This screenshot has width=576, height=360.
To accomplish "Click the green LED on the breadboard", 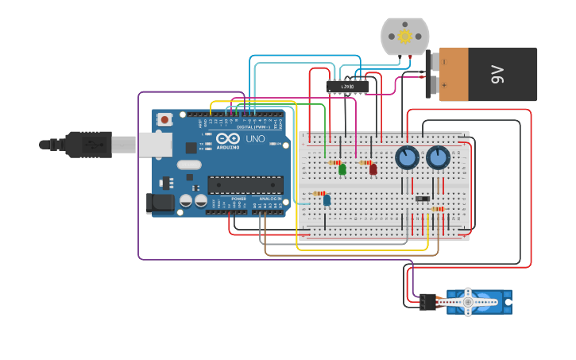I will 342,168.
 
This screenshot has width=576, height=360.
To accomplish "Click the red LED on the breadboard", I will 373,168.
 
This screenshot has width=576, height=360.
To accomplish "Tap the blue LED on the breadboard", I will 327,200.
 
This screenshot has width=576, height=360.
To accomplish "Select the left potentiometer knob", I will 408,157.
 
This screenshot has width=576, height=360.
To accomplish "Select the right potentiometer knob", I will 438,157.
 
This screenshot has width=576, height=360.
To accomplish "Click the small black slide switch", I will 423,198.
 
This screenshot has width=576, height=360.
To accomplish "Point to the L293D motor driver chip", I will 347,86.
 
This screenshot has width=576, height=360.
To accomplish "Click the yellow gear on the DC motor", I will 405,37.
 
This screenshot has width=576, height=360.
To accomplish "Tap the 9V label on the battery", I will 497,75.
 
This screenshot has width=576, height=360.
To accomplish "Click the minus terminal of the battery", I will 443,61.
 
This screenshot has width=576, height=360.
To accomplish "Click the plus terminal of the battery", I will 443,85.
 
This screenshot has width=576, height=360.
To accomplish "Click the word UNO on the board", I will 255,138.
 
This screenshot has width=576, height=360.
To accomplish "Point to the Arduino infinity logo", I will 228,137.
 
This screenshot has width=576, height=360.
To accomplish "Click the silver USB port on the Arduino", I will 155,144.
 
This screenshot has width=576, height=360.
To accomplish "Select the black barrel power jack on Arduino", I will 160,203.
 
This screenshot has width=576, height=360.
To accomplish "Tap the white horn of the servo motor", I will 469,302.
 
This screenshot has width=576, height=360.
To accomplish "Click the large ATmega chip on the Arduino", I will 245,185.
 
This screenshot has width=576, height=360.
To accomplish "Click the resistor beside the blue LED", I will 319,193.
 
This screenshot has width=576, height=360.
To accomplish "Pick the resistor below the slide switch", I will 437,209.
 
